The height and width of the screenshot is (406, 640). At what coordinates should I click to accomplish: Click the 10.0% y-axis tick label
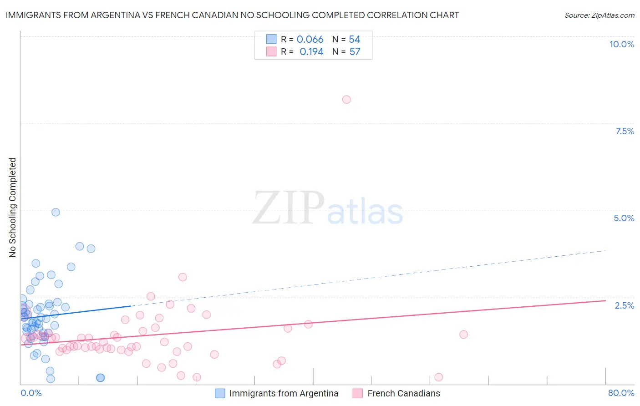point(621,44)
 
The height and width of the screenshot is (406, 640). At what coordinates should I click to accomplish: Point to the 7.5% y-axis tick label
point(625,131)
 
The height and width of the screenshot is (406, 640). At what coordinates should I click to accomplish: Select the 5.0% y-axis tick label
point(624,218)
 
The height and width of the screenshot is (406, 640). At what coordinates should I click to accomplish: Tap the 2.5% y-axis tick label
point(624,305)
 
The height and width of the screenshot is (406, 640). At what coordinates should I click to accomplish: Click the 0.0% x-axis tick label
point(31,393)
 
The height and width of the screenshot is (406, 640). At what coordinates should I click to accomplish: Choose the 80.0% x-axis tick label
point(621,393)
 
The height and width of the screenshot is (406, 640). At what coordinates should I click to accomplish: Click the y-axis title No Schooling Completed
point(13,208)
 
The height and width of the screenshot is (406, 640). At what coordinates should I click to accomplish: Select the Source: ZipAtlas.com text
point(599,15)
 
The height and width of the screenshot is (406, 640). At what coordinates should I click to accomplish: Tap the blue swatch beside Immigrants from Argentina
point(220,393)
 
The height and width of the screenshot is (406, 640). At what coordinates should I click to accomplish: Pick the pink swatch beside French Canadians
point(358,393)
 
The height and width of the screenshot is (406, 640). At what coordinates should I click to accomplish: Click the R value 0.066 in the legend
point(310,40)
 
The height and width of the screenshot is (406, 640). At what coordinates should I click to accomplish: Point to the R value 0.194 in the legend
point(311,52)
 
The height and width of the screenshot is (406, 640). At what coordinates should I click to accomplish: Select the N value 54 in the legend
point(355,40)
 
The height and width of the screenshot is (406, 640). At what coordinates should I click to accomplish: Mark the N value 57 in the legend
point(355,52)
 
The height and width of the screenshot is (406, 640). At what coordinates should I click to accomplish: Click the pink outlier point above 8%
point(346,100)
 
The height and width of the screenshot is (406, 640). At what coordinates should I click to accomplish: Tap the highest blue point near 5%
point(56,212)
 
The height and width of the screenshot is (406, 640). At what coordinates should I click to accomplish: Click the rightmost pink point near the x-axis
point(438,377)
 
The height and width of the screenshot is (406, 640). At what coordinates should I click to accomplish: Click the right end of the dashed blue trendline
point(606,251)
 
